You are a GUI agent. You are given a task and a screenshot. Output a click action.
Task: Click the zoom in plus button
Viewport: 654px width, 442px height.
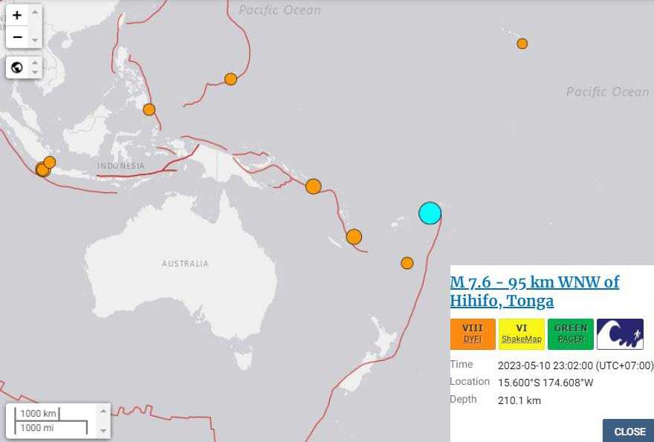[x=17, y=14]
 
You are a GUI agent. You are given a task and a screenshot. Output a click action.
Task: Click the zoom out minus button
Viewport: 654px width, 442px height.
[x=17, y=36]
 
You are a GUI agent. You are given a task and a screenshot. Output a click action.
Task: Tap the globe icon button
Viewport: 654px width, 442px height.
[x=17, y=68]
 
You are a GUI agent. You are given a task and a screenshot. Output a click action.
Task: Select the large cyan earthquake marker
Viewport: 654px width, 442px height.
[x=430, y=213]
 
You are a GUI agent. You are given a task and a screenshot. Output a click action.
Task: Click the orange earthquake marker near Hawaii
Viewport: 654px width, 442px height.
[x=522, y=44]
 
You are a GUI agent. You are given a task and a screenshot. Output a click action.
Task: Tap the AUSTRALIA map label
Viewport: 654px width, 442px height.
[x=185, y=264]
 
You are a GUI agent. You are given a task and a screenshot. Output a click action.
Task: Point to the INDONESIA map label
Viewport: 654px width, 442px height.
[x=120, y=166]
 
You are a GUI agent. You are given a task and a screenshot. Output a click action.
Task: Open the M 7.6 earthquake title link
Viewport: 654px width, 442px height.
[x=534, y=291]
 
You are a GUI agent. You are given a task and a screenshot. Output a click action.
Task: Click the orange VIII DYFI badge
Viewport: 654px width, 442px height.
[x=473, y=334]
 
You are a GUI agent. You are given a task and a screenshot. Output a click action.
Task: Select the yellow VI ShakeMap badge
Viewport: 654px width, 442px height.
[x=521, y=334]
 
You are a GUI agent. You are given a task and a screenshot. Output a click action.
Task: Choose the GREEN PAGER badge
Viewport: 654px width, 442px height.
[x=570, y=334]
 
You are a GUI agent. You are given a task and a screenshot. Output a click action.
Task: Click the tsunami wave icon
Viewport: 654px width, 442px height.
[x=620, y=334]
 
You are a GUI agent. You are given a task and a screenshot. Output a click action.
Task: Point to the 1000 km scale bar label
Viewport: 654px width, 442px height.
[x=38, y=413]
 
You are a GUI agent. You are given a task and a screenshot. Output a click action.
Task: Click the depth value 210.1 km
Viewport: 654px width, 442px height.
[x=519, y=400]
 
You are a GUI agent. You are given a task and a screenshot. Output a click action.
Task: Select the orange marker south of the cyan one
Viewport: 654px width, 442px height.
[x=407, y=262]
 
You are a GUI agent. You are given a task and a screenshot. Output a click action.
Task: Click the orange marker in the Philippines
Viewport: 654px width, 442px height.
[x=149, y=109]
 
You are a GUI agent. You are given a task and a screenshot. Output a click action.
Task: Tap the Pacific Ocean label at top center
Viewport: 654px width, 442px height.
[x=280, y=10]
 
